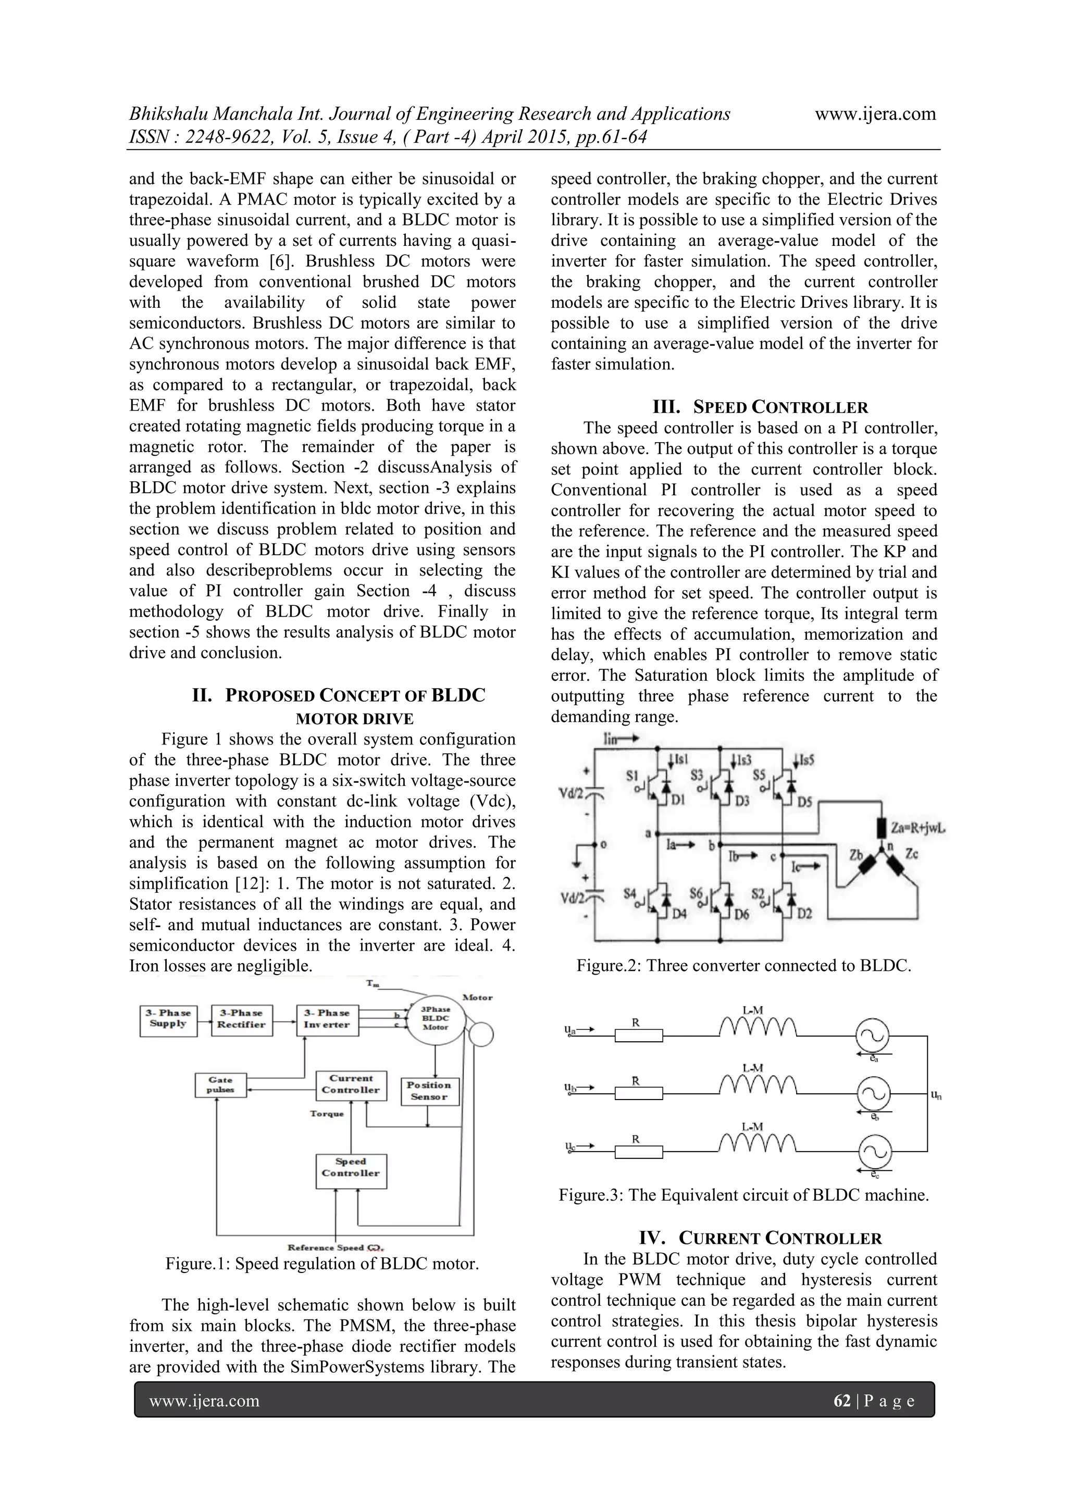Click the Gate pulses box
point(220,1085)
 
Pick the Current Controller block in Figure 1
point(351,1085)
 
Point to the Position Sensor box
point(429,1091)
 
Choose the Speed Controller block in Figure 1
point(351,1169)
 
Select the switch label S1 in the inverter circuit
point(632,776)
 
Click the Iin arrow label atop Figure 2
point(621,739)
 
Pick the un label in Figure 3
point(936,1095)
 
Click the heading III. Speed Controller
point(760,407)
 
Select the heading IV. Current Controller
point(760,1239)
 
